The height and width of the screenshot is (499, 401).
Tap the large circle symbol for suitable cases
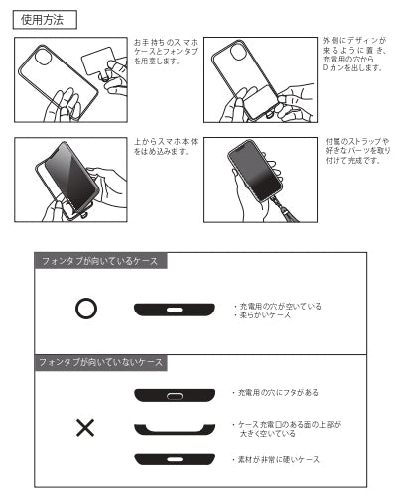point(86,309)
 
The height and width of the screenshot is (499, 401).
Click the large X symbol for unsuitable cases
point(85,428)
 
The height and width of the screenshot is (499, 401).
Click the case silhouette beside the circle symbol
point(174,311)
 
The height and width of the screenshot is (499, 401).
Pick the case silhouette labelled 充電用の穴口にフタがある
point(176,395)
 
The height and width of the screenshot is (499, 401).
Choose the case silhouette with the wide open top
point(176,429)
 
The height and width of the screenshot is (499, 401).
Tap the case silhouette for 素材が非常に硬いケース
point(176,459)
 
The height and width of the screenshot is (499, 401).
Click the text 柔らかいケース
point(261,315)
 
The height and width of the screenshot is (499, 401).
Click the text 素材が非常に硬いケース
point(277,460)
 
